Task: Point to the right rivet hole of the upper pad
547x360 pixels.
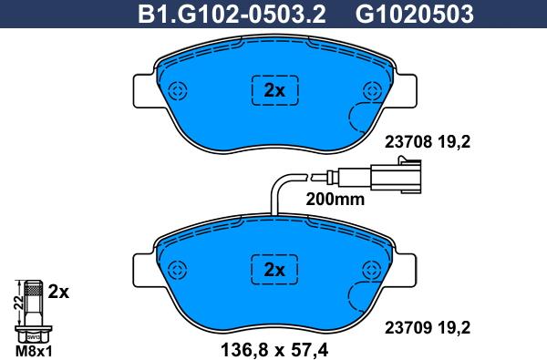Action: (371, 90)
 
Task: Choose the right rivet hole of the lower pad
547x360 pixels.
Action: (371, 269)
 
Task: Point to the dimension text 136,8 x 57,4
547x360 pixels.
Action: (274, 347)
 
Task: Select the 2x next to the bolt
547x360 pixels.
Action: (58, 293)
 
